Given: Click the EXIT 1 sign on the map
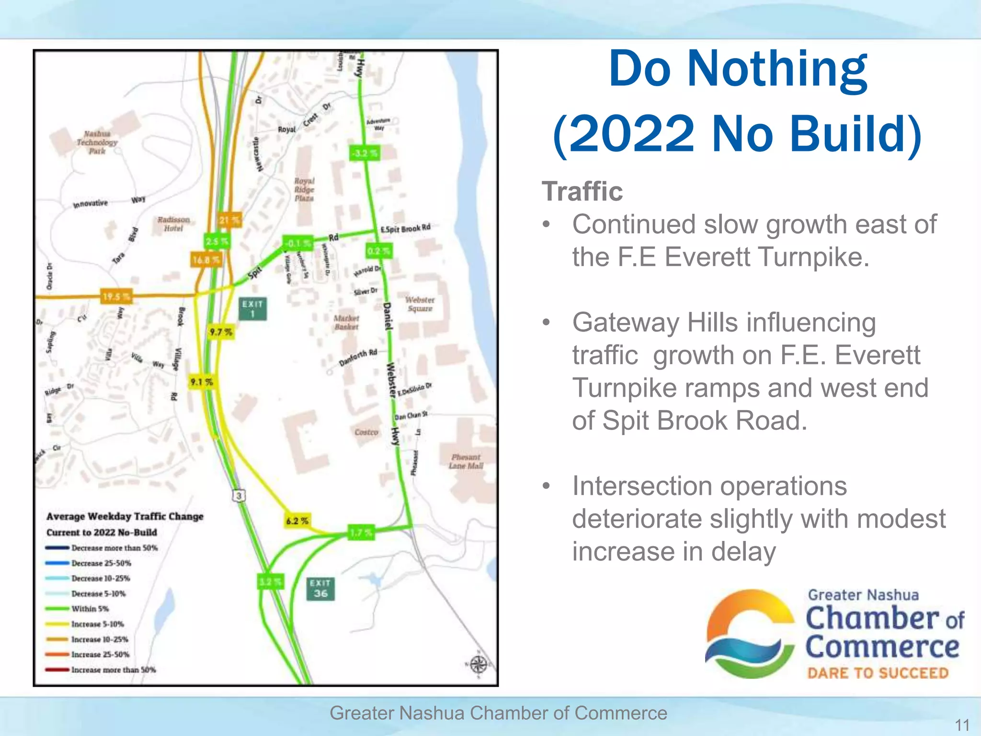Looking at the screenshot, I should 252,309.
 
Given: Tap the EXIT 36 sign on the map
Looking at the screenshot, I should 320,588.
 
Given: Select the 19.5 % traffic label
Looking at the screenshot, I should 115,297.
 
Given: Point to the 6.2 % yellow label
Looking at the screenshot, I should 297,521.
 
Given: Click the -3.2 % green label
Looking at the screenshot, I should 365,153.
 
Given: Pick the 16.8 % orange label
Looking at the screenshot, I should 206,260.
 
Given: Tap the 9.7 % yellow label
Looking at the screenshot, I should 221,332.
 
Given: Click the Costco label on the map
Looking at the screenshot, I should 366,432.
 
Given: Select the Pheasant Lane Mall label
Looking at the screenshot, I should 466,461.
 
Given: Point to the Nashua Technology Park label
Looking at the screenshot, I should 97,142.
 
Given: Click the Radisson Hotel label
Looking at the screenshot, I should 173,224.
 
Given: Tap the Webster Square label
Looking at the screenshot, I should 420,304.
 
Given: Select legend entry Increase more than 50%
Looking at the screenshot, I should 114,670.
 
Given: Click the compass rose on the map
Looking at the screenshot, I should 478,665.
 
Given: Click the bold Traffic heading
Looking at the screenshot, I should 582,192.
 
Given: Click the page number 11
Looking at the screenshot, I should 962,724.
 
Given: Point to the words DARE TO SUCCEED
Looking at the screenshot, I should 878,673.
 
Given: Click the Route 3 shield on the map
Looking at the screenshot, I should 239,495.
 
